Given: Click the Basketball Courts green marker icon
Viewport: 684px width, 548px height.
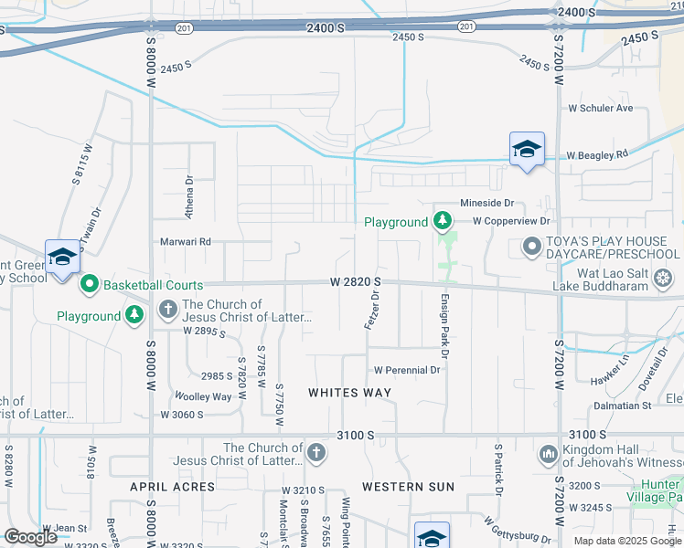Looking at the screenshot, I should tap(90, 285).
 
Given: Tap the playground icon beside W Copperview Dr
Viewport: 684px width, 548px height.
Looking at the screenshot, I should tap(443, 221).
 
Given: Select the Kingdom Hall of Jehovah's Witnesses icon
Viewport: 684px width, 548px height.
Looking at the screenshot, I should tap(549, 454).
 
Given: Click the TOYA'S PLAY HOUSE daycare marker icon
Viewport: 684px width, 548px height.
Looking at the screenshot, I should tap(530, 247).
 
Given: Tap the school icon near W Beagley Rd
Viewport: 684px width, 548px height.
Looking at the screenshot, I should tap(527, 149).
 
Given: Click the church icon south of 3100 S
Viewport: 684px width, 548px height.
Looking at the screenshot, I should tap(315, 453).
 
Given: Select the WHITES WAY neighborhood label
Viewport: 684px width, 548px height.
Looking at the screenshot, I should tap(349, 393).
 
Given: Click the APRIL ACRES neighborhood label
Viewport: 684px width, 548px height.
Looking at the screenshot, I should tap(173, 487).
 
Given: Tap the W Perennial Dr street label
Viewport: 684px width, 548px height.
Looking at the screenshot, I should tap(407, 370).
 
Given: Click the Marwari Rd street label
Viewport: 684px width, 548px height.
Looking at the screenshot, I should tap(187, 242).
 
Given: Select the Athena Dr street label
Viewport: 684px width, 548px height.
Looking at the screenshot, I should tap(190, 197).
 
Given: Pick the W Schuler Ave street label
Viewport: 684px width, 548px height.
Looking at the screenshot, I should tap(601, 108).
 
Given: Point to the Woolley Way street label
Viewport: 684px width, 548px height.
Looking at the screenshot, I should tap(203, 396).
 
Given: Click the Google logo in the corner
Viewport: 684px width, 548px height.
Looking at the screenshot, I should tap(30, 537).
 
